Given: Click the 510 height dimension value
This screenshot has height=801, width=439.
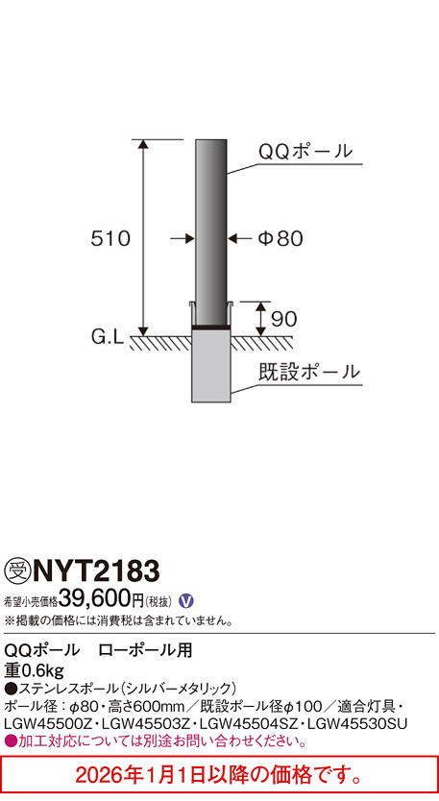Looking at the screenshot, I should click(111, 238).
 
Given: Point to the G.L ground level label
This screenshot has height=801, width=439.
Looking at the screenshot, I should click(105, 337).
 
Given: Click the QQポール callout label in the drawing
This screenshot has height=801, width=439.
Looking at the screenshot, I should click(305, 152).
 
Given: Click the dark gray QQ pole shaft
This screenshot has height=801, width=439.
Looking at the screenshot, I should click(212, 231).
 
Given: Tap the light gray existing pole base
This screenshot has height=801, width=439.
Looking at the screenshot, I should click(212, 370).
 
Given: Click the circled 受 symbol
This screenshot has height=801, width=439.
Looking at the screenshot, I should click(16, 574).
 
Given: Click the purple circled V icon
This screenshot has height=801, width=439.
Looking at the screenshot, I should click(187, 600).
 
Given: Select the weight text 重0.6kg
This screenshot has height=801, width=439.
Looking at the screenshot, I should click(34, 669).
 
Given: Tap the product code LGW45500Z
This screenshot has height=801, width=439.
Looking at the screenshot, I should click(45, 723).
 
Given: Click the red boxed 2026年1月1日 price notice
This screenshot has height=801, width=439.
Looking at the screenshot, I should click(219, 774).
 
